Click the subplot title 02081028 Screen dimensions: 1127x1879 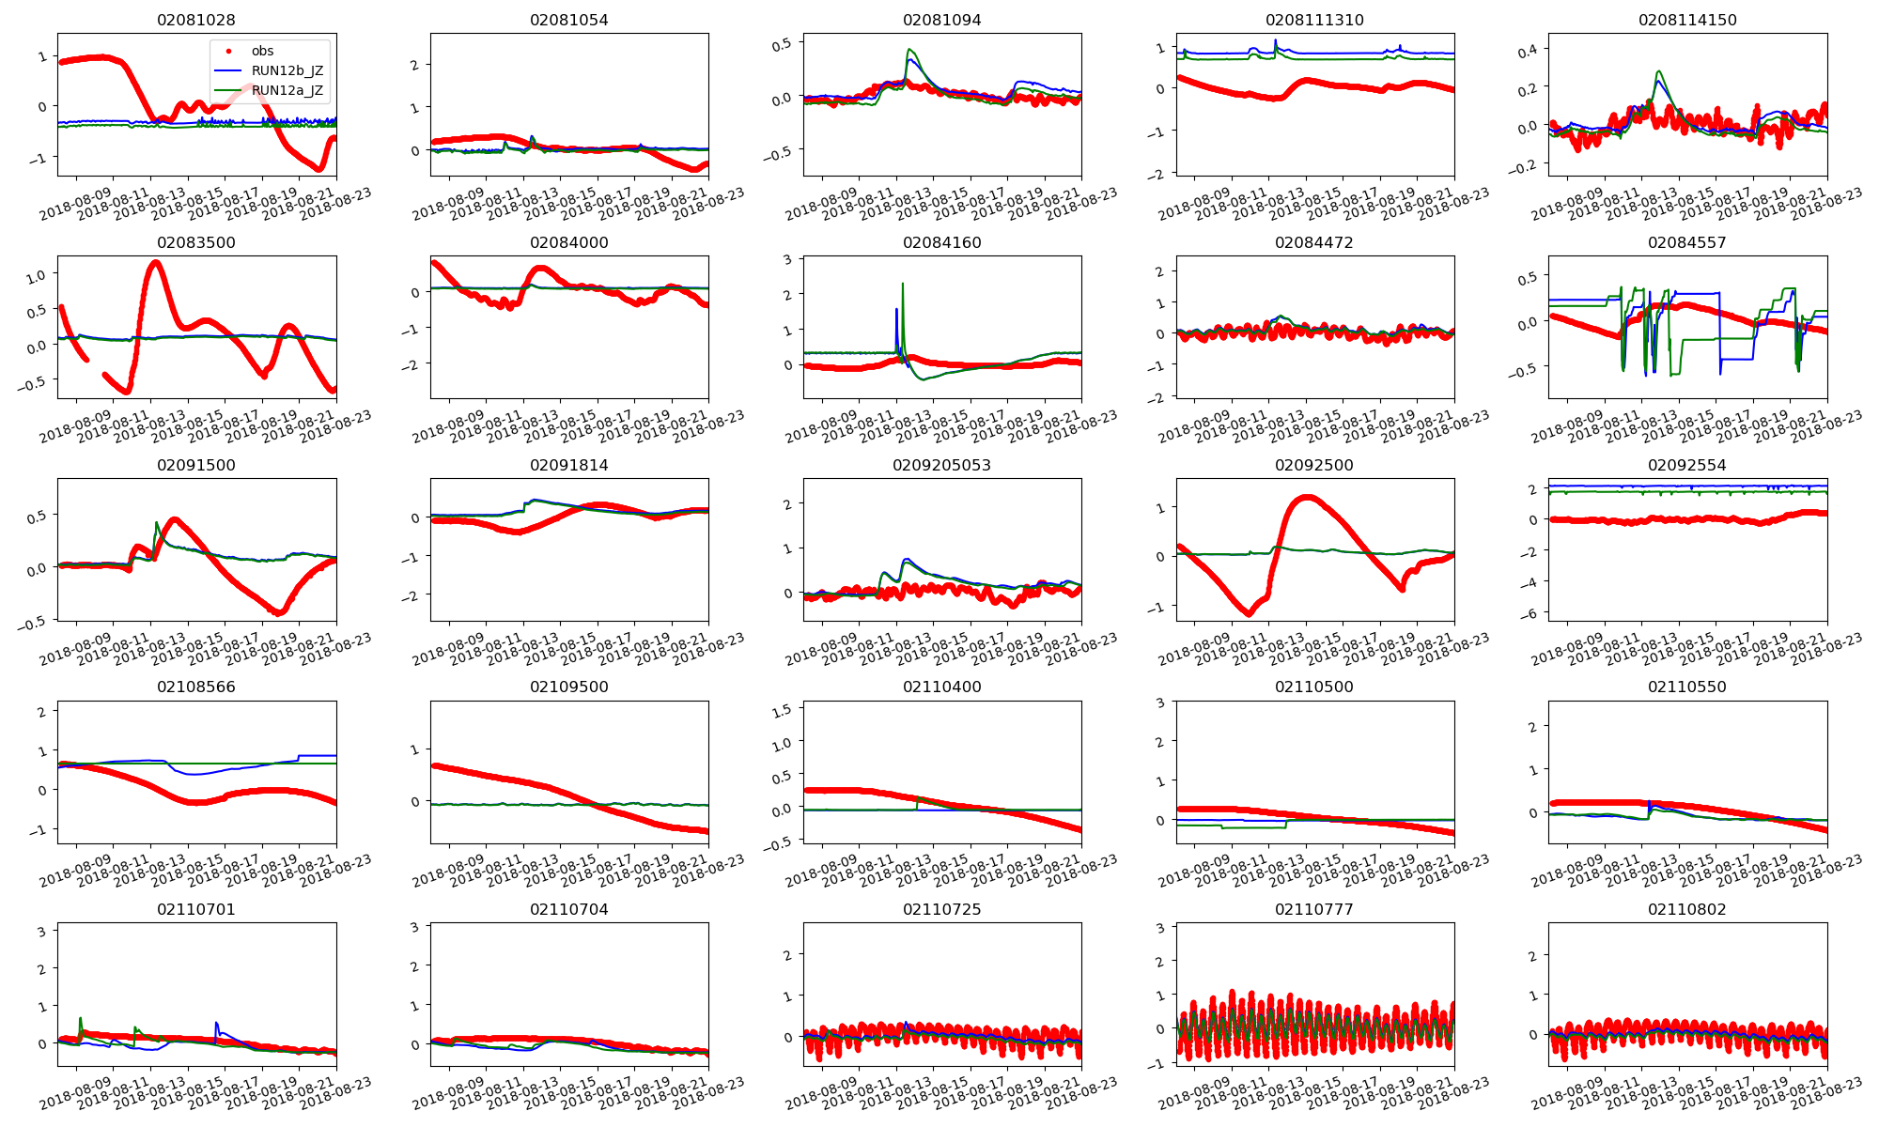point(196,20)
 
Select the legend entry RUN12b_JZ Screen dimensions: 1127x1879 point(287,70)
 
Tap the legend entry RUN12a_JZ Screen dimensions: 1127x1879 point(287,90)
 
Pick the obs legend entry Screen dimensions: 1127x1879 point(262,51)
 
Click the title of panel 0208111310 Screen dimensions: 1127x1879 point(1314,20)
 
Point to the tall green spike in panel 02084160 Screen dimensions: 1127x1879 point(903,284)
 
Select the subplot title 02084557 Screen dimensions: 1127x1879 point(1687,242)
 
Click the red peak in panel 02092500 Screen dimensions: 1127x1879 point(1306,497)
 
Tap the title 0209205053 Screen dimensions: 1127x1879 point(941,465)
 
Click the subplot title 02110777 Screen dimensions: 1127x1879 point(1314,909)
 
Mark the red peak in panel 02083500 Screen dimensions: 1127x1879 point(155,262)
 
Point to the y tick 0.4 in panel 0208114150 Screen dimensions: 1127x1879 point(1527,49)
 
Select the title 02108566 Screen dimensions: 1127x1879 point(196,687)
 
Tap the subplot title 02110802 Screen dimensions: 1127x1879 point(1687,909)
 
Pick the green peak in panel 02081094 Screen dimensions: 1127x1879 point(909,50)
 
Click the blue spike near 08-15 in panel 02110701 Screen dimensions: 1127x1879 point(217,1023)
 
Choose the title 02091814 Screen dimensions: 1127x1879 point(569,465)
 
